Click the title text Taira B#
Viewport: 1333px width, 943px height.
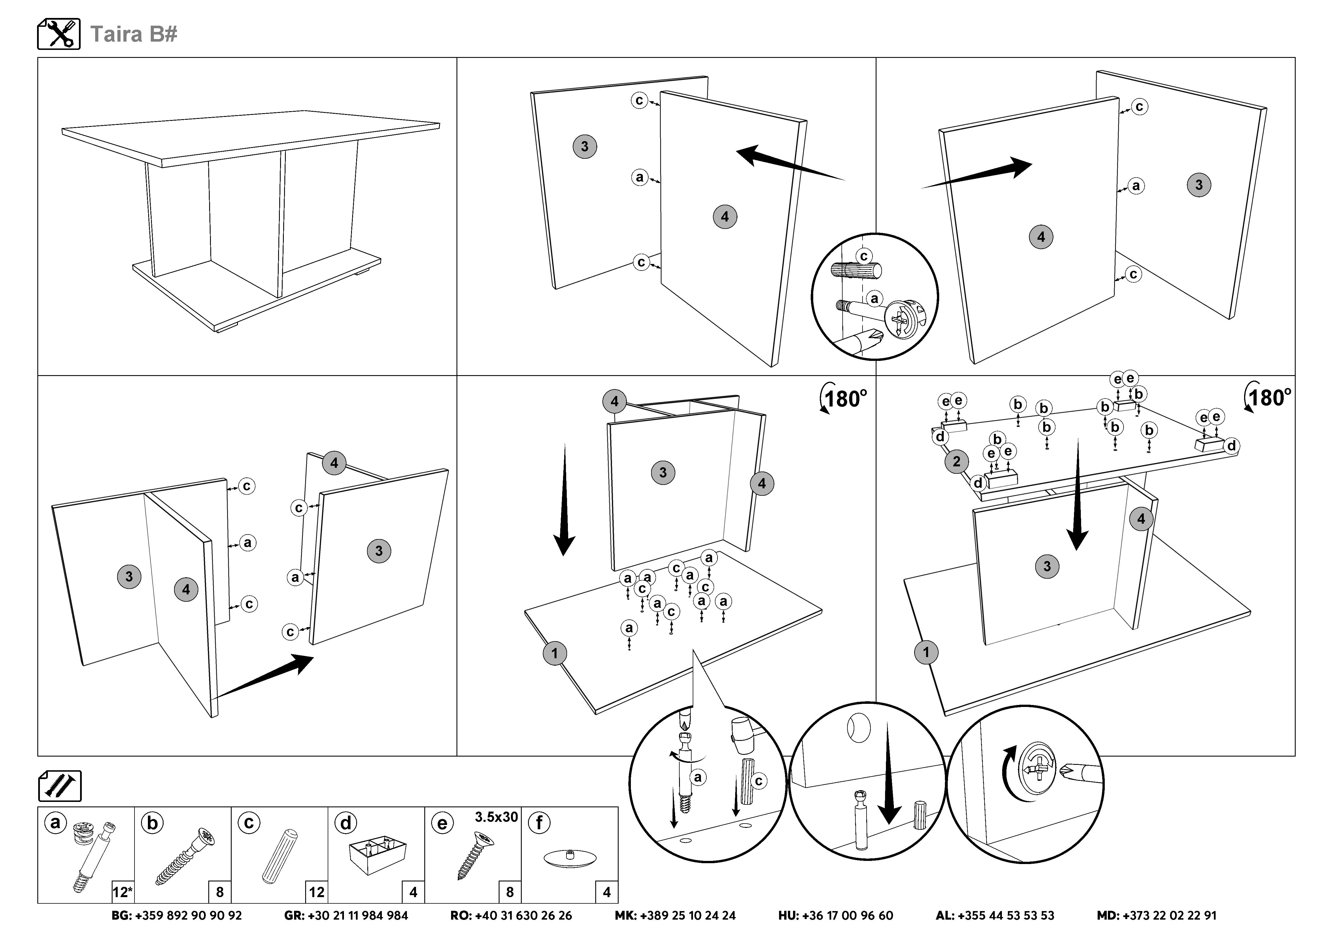(134, 34)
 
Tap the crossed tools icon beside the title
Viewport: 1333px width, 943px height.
(59, 34)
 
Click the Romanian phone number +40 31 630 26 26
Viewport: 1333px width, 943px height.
(523, 916)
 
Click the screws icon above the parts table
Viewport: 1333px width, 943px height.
(60, 786)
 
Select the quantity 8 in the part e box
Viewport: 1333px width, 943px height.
(510, 892)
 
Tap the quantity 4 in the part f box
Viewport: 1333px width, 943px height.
(607, 892)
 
